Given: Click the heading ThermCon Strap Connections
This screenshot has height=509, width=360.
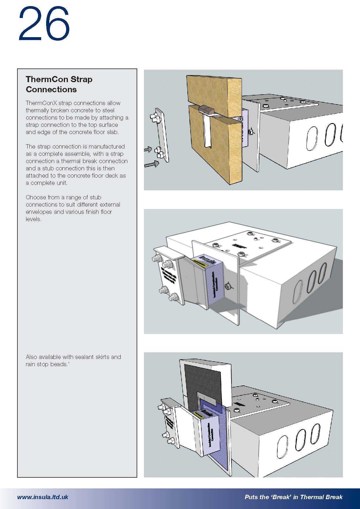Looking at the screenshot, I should [59, 84].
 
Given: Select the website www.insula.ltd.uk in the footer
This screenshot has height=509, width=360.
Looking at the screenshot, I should [43, 497].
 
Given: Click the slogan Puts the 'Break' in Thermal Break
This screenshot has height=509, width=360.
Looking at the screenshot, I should [293, 497].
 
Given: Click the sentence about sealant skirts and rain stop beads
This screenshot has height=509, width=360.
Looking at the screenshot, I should [73, 360].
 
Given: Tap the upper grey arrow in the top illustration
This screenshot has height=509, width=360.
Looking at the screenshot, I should [148, 149].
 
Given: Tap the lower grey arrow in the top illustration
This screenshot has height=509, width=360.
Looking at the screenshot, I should [152, 164].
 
